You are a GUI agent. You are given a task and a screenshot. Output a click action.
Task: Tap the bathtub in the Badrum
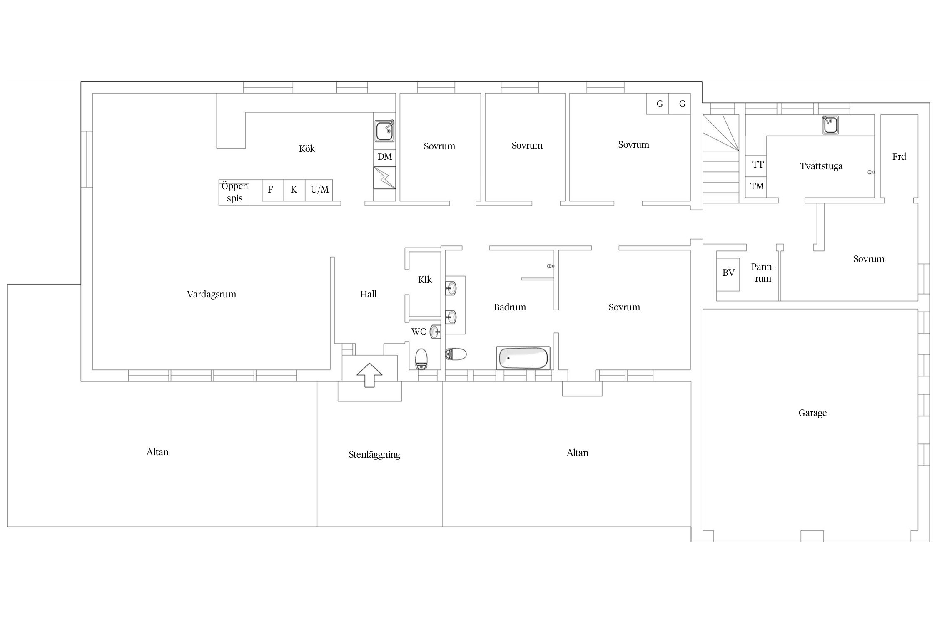tap(523, 358)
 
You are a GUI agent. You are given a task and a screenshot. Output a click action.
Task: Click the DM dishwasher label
tap(385, 157)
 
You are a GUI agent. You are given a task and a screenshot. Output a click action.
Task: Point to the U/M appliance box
tap(319, 190)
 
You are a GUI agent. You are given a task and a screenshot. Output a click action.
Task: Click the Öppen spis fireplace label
tap(234, 192)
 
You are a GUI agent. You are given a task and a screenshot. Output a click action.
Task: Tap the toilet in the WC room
tap(421, 359)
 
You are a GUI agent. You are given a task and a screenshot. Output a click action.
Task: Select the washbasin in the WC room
tap(435, 332)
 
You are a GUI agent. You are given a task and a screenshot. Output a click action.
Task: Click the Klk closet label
tap(425, 280)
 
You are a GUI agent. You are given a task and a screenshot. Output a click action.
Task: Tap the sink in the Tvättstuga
tap(830, 125)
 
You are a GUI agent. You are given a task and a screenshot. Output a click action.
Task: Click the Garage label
tap(812, 413)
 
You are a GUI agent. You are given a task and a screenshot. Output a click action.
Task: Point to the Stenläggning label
tap(374, 455)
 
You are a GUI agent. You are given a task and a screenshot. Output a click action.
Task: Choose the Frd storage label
tap(899, 157)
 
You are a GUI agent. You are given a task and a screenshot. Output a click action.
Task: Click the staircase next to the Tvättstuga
tap(721, 158)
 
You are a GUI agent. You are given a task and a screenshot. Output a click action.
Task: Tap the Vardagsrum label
tap(212, 295)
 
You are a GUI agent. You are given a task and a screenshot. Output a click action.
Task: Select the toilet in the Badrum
tap(456, 354)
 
